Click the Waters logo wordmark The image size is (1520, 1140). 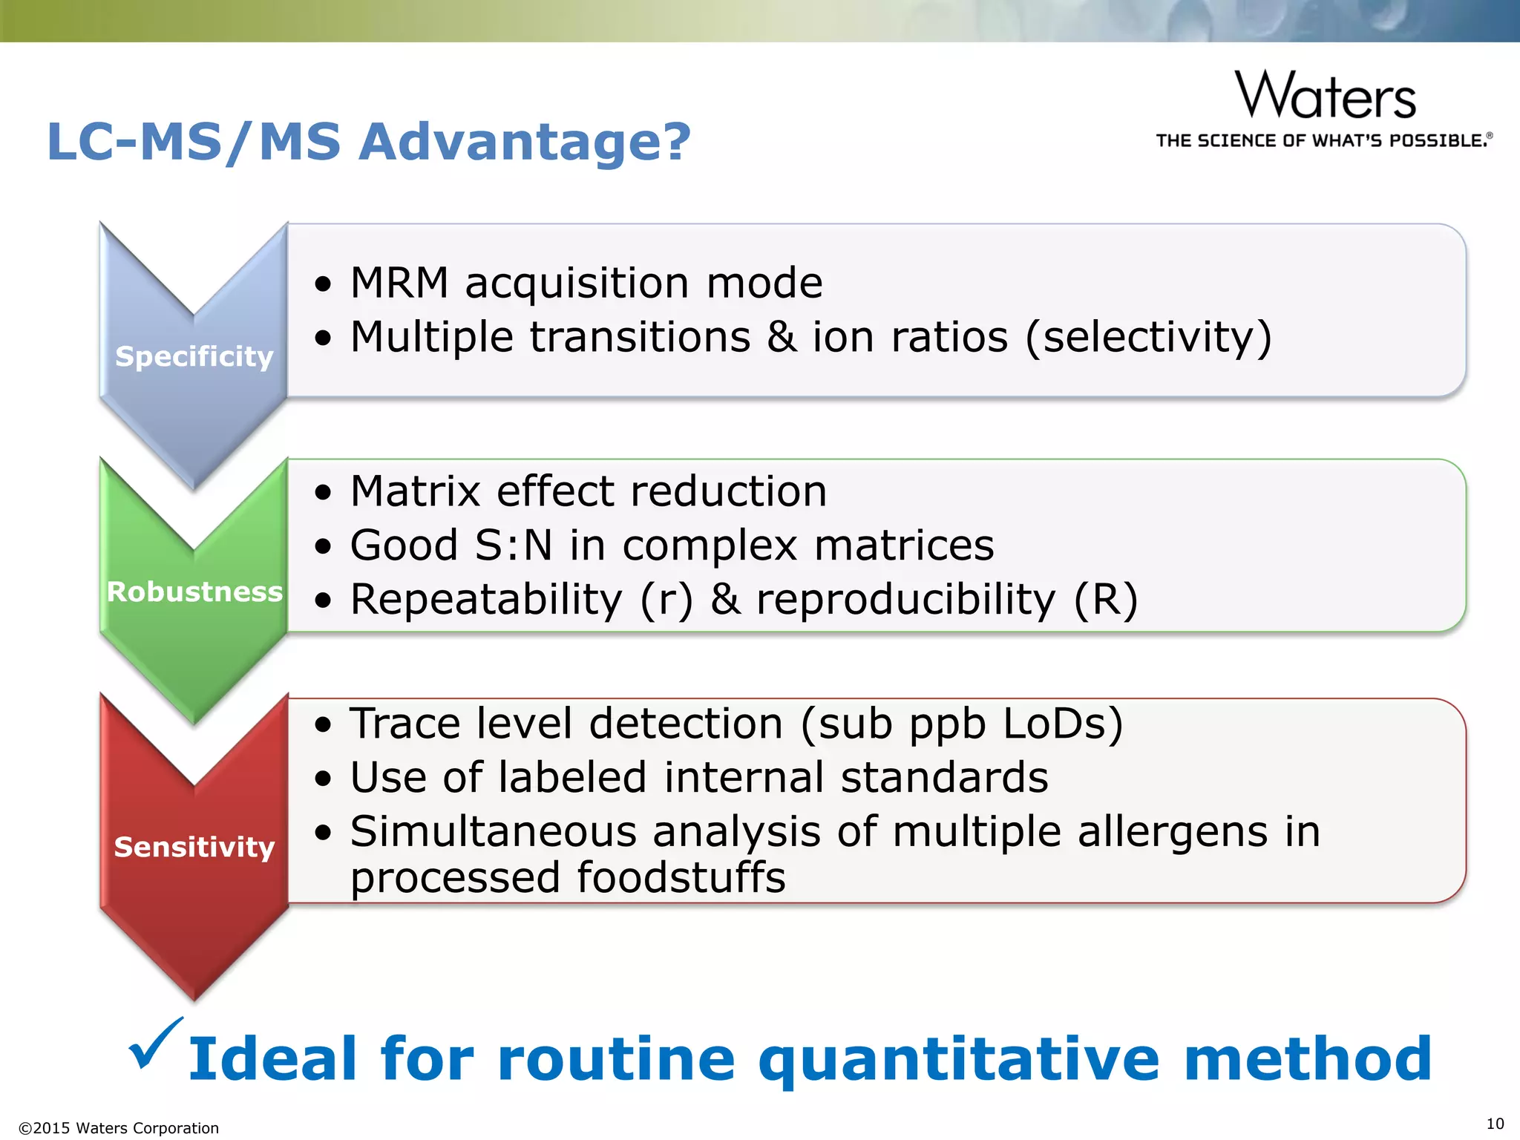coord(1326,96)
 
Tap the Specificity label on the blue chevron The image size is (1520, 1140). coord(194,356)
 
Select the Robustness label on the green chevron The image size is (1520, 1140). coord(194,592)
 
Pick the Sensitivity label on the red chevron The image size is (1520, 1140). coord(194,846)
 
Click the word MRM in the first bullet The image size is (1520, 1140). coord(399,283)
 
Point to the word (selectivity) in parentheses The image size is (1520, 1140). coord(1149,338)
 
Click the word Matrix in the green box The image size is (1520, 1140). coord(416,491)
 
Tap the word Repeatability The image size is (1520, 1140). coord(486,600)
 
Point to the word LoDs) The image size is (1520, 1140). coord(1063,724)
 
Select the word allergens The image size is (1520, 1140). coord(1173,831)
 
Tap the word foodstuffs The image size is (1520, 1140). coord(681,878)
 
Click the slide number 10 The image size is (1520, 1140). coord(1495,1123)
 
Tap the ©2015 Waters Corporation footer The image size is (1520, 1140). coord(119,1128)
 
